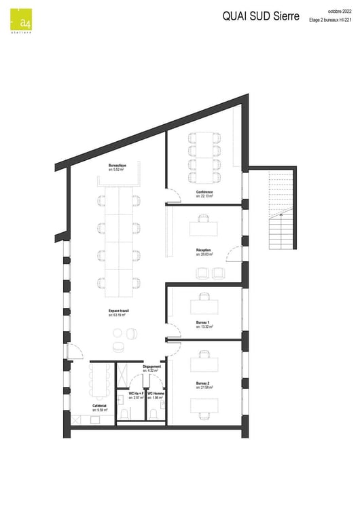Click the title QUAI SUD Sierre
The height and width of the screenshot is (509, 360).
point(261,18)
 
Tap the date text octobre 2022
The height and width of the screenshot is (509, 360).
point(339,12)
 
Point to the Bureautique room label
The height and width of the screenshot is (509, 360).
point(118,166)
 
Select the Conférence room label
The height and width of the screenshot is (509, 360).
point(204,193)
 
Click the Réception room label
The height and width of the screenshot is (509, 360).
point(204,250)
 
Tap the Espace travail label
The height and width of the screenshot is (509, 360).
point(119,312)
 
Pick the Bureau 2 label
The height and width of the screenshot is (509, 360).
point(203,383)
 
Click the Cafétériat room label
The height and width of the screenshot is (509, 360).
point(99,407)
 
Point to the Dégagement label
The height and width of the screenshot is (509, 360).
point(152,366)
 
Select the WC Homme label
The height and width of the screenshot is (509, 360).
point(156,394)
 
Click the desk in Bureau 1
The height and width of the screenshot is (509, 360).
point(204,305)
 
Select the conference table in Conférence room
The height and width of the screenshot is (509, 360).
point(204,157)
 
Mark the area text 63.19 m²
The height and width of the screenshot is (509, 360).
point(119,316)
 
